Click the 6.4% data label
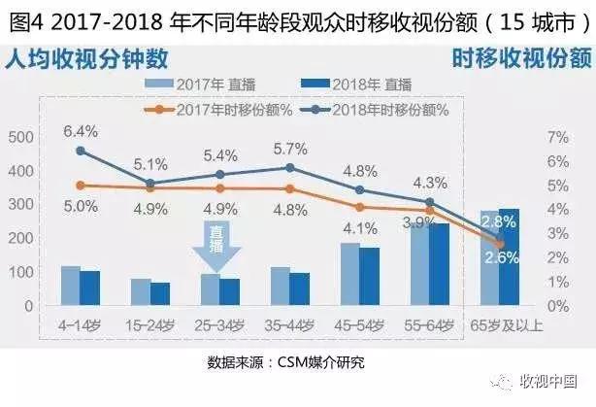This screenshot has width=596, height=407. click(x=81, y=130)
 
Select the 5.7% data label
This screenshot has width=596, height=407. click(x=290, y=149)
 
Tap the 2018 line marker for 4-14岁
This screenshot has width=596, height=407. click(x=81, y=151)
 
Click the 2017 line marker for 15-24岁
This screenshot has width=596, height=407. click(x=150, y=187)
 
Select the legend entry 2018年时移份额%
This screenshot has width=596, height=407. click(x=360, y=108)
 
